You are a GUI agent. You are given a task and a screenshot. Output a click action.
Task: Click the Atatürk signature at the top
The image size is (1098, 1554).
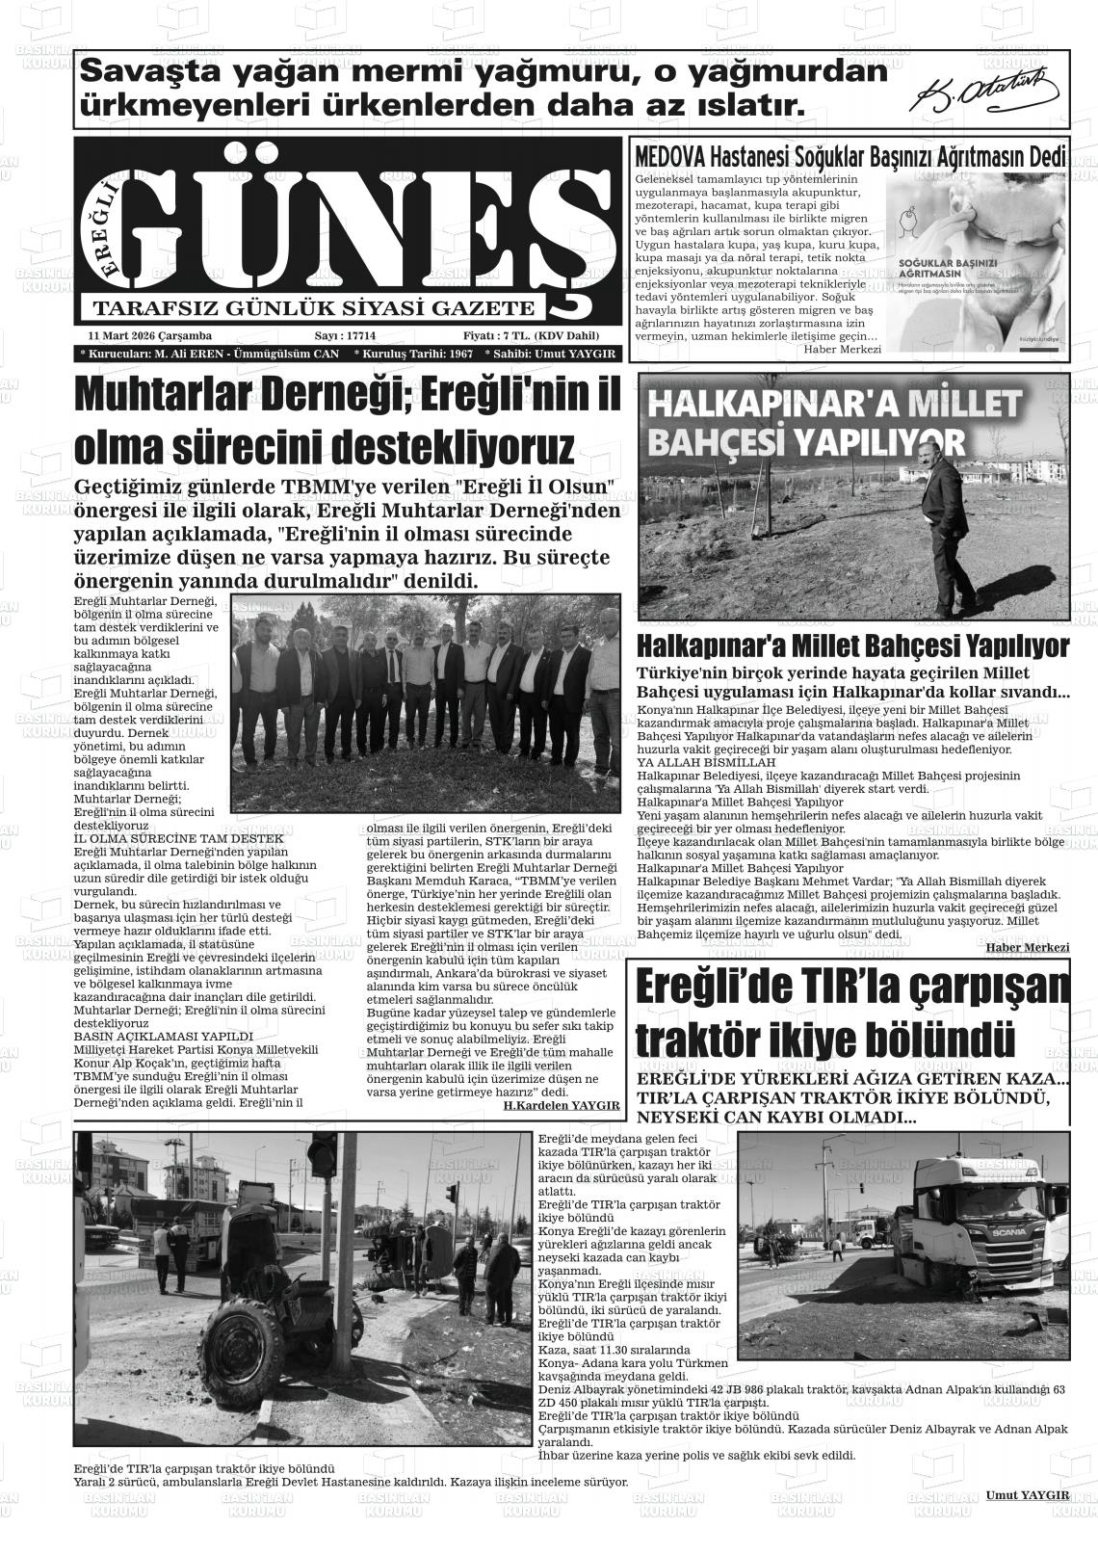coord(987,92)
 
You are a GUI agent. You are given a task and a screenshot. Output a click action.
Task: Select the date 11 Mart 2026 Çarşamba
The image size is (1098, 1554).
coord(149,335)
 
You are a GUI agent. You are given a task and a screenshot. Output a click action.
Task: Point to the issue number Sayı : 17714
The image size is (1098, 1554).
coord(345,335)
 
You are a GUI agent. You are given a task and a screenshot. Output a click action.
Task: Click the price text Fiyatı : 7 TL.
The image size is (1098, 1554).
coord(495,335)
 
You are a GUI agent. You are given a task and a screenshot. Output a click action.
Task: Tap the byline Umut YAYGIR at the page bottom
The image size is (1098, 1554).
coord(1027,1494)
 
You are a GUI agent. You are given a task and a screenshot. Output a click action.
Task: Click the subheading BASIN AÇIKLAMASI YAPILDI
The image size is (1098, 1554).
coord(149,1036)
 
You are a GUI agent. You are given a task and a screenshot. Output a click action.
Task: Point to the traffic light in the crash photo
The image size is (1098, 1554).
coord(322,1156)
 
